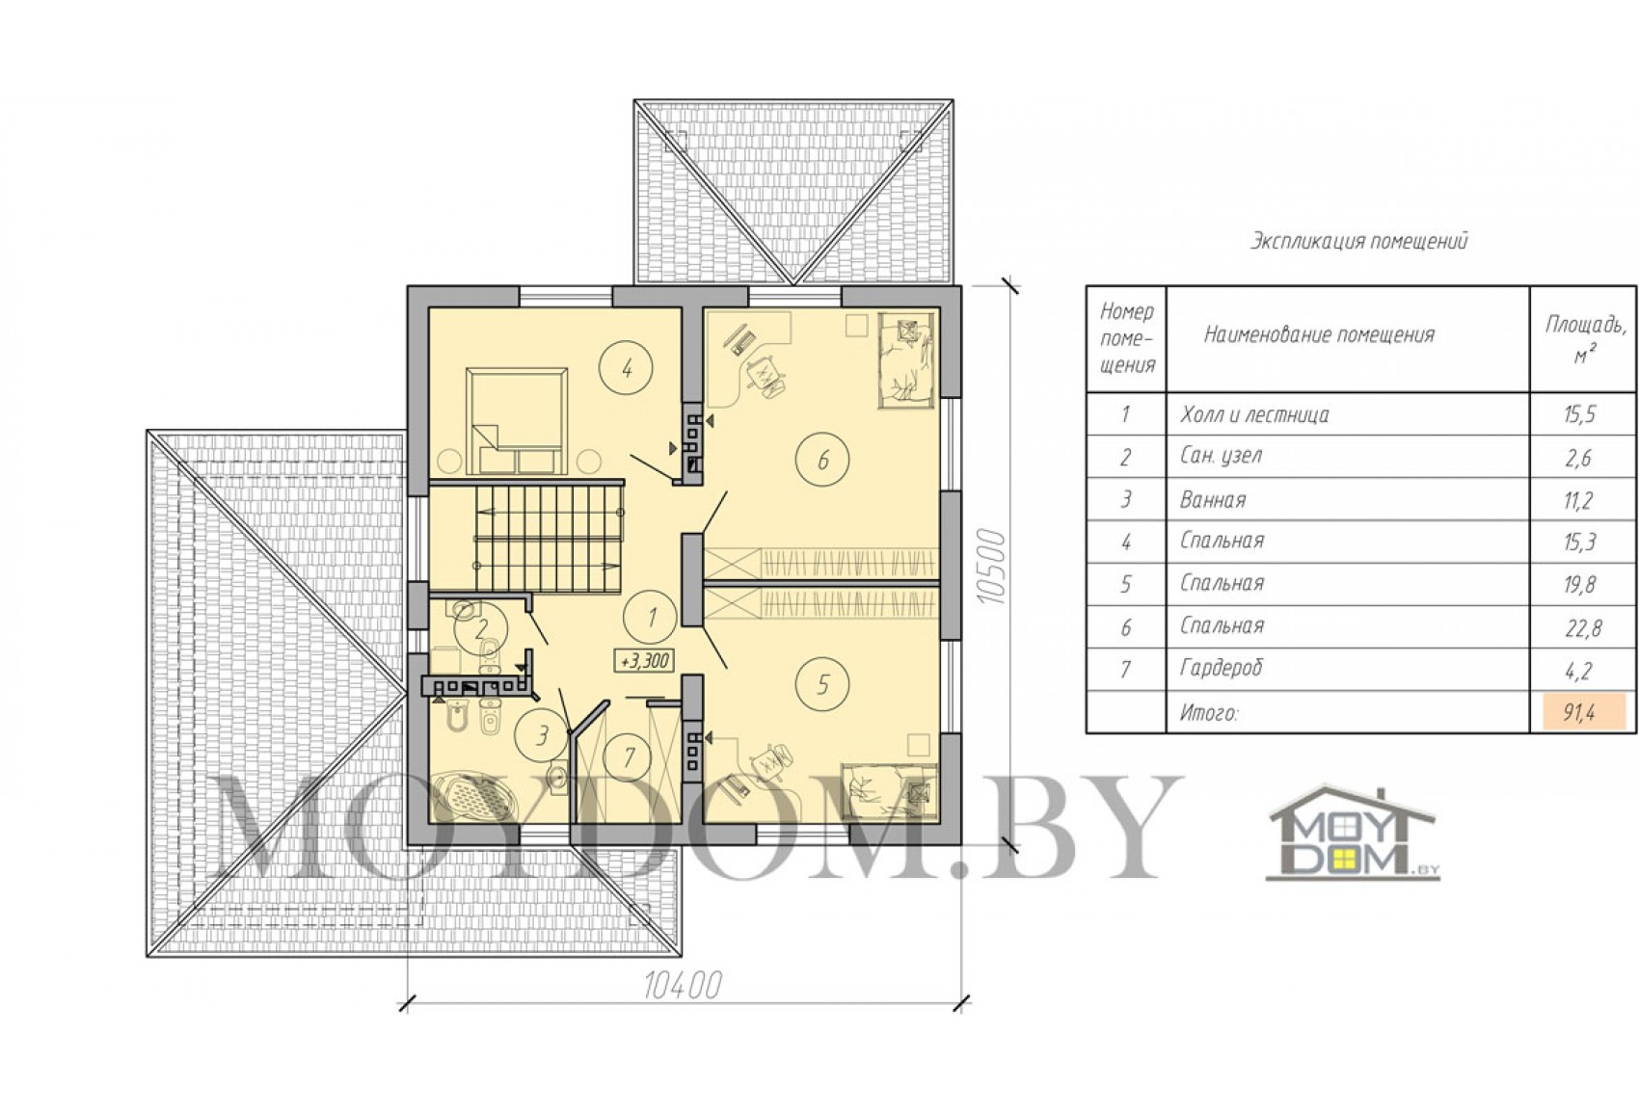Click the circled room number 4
(627, 368)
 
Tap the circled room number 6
(822, 460)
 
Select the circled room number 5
(822, 684)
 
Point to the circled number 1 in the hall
(651, 618)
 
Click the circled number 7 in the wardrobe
(629, 756)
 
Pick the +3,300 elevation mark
(645, 661)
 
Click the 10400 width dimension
(683, 986)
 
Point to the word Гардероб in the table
(1222, 668)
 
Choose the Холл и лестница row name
(1254, 414)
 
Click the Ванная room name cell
(1213, 499)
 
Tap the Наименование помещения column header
(1319, 335)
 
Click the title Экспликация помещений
(1358, 241)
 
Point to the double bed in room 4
(518, 420)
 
